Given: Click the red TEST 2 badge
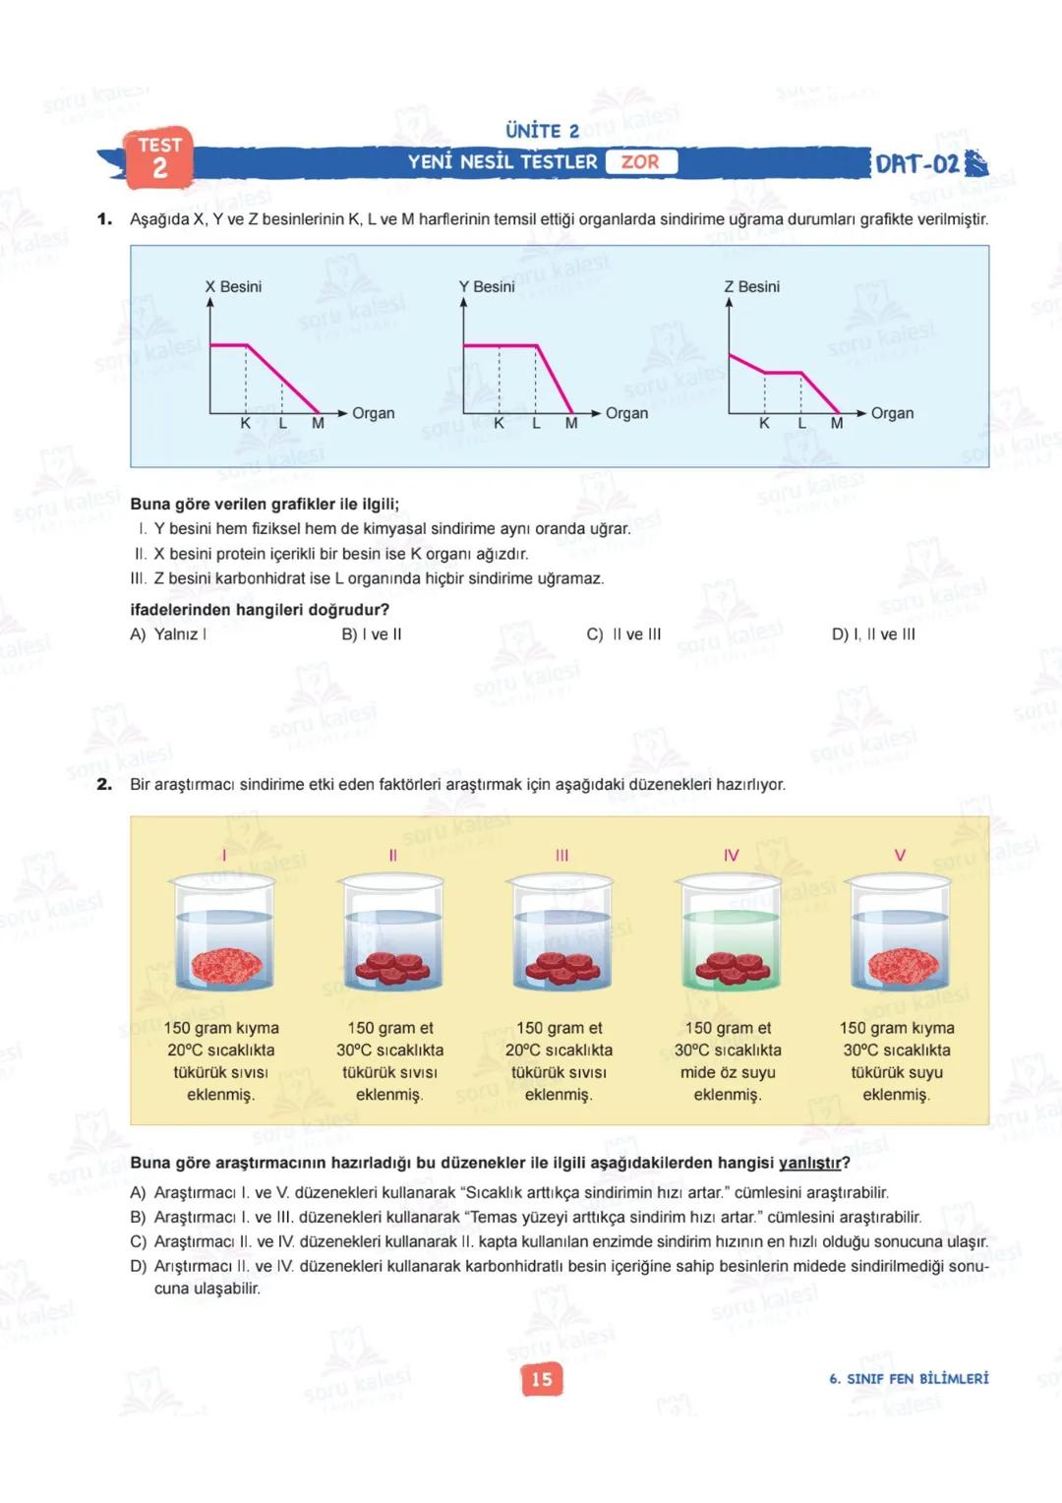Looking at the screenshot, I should point(159,157).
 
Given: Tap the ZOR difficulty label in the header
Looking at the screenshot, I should point(640,162).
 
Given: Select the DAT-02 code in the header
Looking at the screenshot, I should point(917,164).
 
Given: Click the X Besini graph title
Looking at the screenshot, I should point(233,286).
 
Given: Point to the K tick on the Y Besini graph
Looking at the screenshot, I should point(499,424).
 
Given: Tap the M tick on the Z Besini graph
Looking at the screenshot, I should point(837,424).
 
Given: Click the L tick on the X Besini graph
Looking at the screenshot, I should point(282,424).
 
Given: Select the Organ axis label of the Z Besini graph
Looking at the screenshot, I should point(892,413).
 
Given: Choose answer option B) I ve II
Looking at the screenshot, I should point(372,634).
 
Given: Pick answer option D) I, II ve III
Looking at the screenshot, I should point(873,634).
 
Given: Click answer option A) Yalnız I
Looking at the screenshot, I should point(168,634).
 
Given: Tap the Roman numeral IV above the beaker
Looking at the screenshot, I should point(731,855).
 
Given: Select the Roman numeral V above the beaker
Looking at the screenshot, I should point(899,855).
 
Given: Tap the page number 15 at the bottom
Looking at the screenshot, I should point(542,1379).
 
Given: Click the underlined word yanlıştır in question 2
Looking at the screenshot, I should point(810,1163).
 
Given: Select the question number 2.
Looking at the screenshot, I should point(104,785).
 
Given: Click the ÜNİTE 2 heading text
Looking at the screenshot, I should point(542,131).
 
